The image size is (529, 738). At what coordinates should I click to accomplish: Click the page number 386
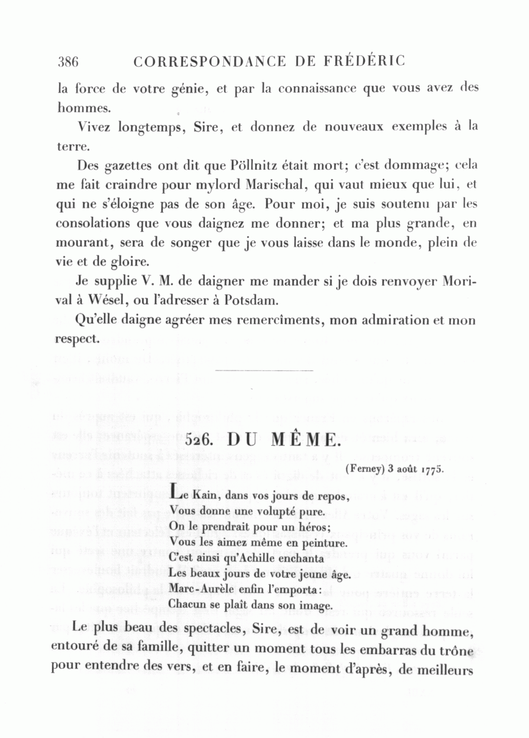click(x=69, y=61)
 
